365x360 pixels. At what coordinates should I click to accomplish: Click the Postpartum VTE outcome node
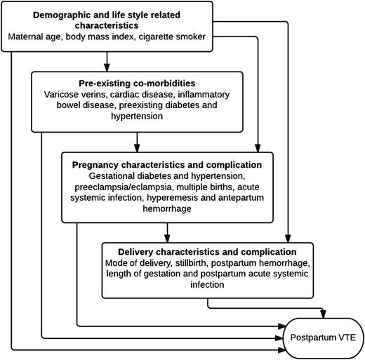pos(324,338)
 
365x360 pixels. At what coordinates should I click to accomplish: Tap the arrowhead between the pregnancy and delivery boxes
pos(166,238)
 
